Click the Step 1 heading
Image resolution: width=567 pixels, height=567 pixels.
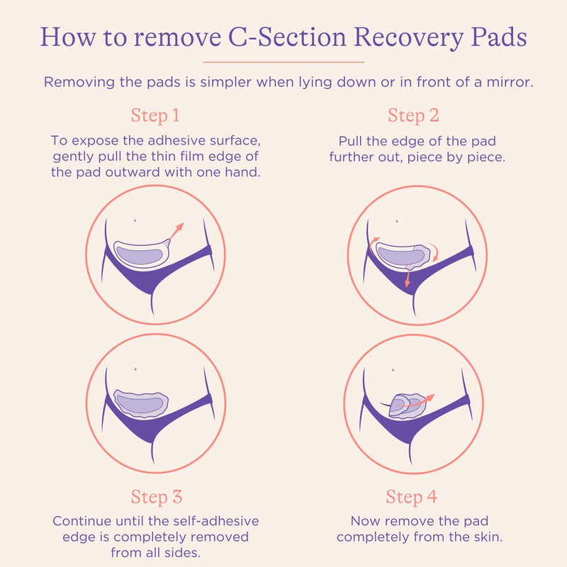point(155,116)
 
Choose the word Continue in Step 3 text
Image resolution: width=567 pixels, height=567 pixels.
point(82,521)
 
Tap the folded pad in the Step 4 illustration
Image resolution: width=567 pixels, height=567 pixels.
point(400,406)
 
